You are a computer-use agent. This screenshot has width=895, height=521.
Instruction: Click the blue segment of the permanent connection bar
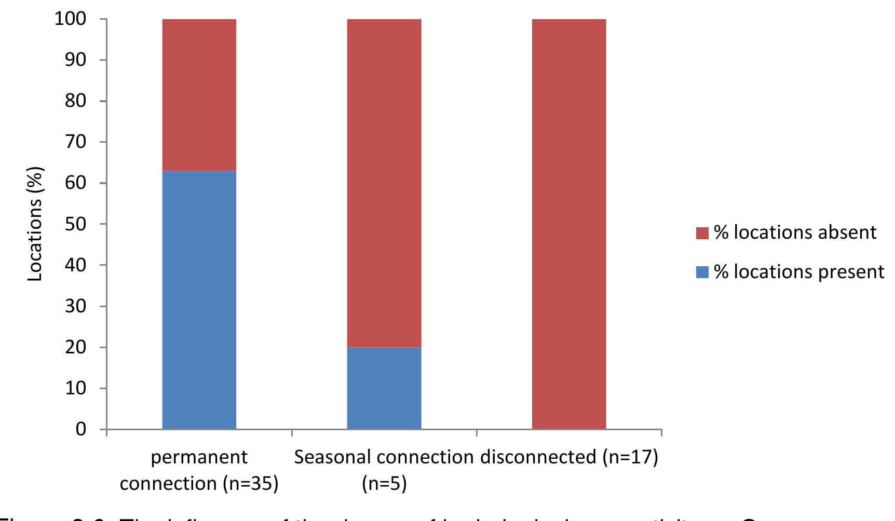tap(199, 300)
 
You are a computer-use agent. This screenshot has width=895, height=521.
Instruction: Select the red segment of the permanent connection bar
tap(199, 95)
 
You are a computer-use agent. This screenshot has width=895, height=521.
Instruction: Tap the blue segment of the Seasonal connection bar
tap(384, 388)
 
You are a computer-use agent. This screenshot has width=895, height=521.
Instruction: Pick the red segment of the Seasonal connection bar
tap(384, 183)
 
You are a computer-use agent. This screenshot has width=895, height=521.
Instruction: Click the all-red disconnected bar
tap(569, 224)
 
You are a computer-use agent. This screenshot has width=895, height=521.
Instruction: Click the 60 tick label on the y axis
tap(75, 183)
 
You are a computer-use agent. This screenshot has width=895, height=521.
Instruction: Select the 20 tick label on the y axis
tap(75, 347)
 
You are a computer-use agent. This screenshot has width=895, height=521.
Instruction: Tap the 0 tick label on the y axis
tap(81, 429)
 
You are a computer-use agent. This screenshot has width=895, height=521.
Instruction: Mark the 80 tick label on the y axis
tap(75, 101)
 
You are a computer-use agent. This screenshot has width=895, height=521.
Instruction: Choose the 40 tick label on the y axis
tap(75, 265)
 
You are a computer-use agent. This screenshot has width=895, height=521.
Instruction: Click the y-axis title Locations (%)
tap(35, 224)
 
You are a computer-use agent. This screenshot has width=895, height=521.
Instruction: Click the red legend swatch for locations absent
tap(702, 233)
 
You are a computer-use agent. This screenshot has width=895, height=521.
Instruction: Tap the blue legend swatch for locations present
tap(702, 272)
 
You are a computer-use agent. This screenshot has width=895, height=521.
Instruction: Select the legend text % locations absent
tap(795, 232)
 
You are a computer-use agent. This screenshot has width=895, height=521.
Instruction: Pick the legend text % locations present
tap(799, 272)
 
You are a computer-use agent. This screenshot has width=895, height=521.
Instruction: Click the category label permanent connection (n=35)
tap(199, 470)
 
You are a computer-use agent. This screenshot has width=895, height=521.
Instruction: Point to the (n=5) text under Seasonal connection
tap(384, 484)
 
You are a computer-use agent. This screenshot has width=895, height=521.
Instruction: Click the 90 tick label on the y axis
tap(75, 60)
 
